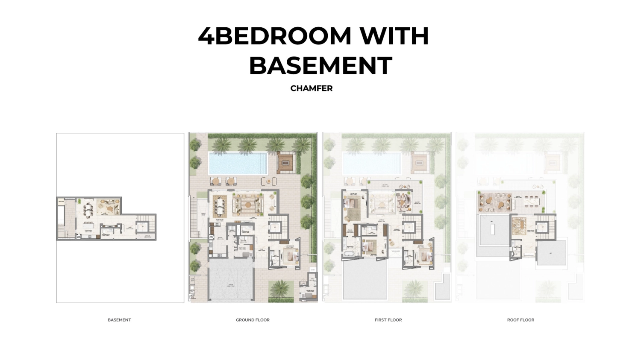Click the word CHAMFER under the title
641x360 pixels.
pos(311,88)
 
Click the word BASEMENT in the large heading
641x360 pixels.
pos(320,65)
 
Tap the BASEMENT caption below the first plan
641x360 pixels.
pos(119,320)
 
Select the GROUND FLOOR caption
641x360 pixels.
pos(253,320)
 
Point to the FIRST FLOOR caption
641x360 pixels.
pos(388,320)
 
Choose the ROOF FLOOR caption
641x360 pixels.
pos(520,320)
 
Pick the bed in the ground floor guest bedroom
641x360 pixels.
pos(291,257)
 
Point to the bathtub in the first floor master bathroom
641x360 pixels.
pos(347,255)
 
